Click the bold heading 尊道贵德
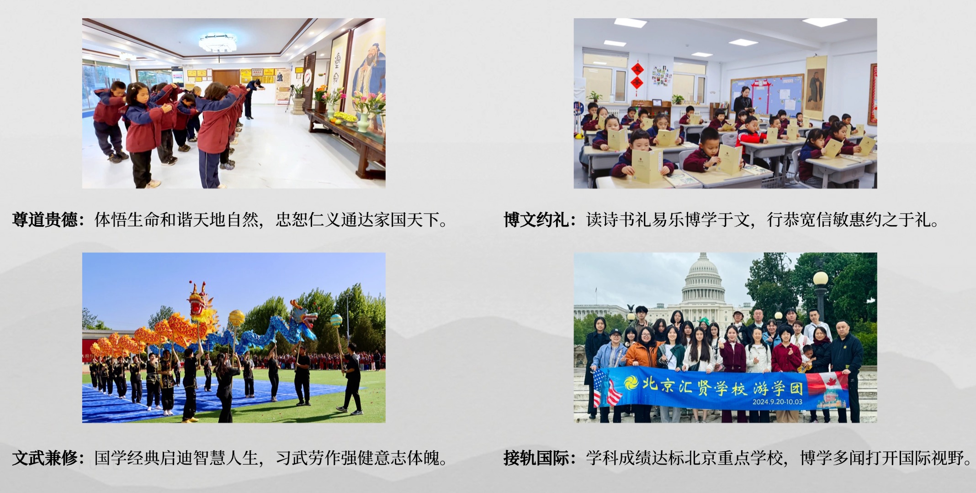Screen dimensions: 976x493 [x=45, y=220]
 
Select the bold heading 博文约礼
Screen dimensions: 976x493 [x=536, y=220]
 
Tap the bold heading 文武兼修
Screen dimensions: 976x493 [x=45, y=457]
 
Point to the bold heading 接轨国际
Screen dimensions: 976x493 [x=536, y=457]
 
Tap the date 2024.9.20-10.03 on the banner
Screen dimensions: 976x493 [x=777, y=402]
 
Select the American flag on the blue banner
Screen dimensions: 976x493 [x=605, y=388]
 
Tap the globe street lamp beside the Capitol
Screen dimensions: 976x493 [x=821, y=279]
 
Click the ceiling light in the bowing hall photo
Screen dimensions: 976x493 [x=217, y=42]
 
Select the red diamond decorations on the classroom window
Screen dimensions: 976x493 [x=637, y=76]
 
